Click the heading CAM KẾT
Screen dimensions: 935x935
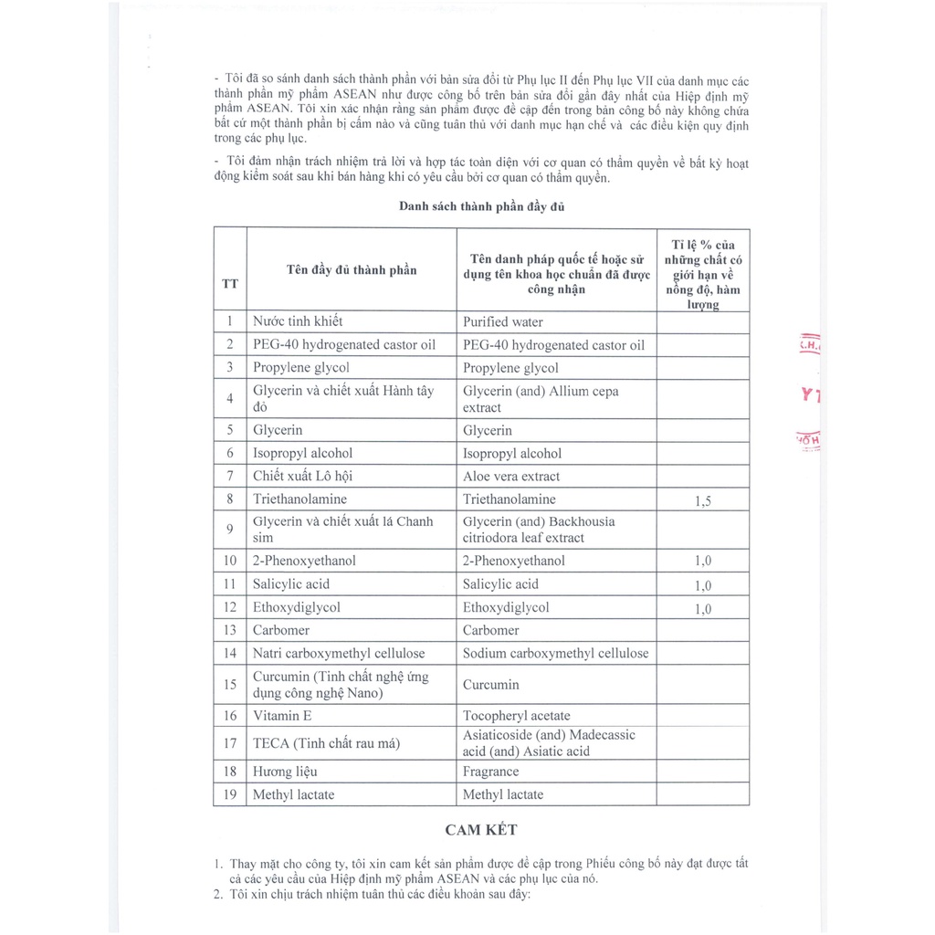481,830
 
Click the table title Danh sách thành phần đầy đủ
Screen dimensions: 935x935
481,206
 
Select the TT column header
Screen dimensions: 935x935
230,283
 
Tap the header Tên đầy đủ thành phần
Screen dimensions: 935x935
352,269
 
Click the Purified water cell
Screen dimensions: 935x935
503,321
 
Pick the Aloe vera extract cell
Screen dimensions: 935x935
511,476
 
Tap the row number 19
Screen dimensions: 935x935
230,794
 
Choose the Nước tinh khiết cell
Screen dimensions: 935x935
299,321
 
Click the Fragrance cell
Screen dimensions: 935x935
490,772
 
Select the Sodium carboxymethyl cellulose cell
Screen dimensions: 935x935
555,653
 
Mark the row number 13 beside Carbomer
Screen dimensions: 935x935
230,630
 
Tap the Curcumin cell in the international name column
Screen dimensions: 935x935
490,684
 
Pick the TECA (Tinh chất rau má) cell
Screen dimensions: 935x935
327,743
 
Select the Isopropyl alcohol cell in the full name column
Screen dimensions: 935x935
302,453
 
